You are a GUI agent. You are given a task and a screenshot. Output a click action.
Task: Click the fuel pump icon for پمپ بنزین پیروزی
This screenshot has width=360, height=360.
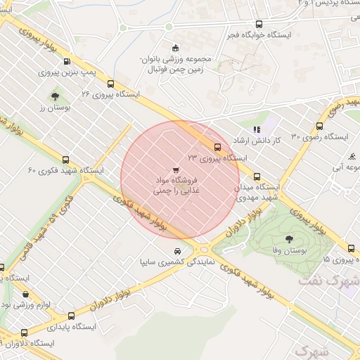(67, 61)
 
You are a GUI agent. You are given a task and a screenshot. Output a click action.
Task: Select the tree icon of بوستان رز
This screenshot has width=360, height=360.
(55, 96)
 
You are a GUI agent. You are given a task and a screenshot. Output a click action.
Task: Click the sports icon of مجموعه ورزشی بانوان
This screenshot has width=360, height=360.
(145, 68)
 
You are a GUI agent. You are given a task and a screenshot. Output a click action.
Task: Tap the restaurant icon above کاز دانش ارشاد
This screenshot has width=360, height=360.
(257, 129)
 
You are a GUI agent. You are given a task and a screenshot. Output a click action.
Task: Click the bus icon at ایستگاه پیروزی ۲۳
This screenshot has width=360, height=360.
(217, 148)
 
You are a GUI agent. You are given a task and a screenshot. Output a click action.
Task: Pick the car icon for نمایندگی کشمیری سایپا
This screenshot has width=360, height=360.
(177, 251)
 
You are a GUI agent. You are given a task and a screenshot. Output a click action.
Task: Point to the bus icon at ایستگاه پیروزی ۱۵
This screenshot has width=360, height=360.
(352, 248)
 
